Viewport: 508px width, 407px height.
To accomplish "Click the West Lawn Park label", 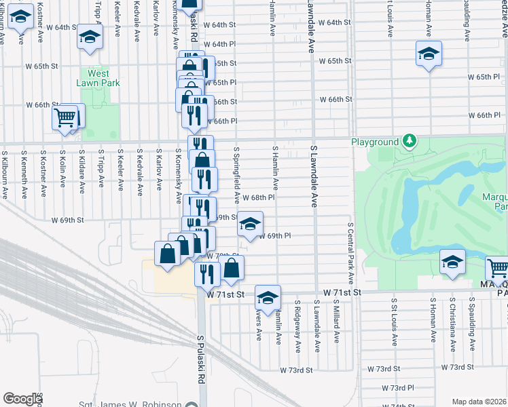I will coord(98,77).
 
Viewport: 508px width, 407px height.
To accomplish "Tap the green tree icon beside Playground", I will coord(409,141).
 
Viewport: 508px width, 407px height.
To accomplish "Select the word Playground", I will coord(374,142).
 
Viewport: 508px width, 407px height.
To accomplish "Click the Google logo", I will coord(22,399).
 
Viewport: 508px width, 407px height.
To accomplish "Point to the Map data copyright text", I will coord(479,402).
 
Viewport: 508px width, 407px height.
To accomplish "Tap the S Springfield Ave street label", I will coord(236,175).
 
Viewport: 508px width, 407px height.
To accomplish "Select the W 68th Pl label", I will coord(258,197).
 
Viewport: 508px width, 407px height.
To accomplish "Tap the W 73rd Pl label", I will coord(398,387).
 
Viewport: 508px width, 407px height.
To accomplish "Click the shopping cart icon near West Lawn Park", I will coord(65,117).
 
